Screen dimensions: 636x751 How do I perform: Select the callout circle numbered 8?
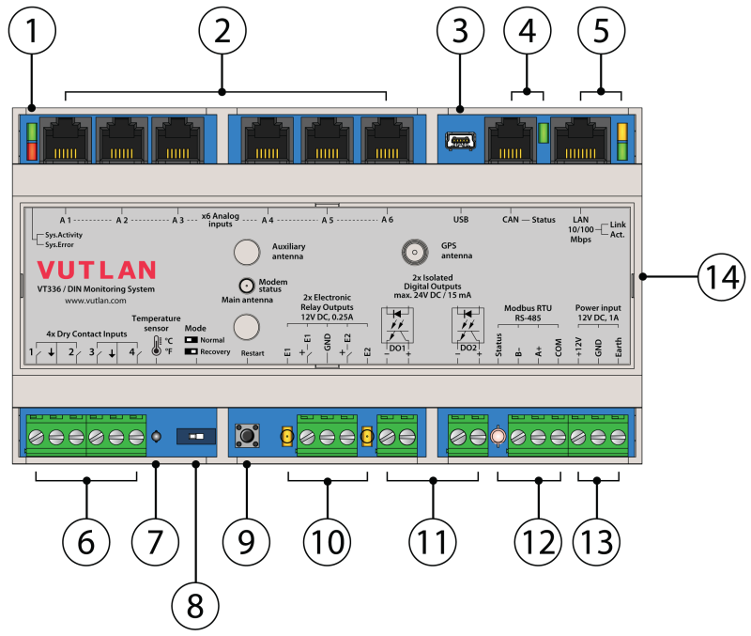[195, 604]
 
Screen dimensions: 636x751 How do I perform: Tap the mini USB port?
[459, 142]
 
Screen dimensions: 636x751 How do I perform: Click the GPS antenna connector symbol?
[411, 251]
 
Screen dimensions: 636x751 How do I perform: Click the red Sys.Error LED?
[31, 151]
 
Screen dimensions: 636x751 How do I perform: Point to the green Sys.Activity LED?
[31, 132]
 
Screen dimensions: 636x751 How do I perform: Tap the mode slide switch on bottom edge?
[196, 437]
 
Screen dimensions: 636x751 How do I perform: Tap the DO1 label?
[397, 348]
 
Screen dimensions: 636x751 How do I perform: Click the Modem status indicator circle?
[246, 286]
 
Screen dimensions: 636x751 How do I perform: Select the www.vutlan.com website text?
[95, 301]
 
